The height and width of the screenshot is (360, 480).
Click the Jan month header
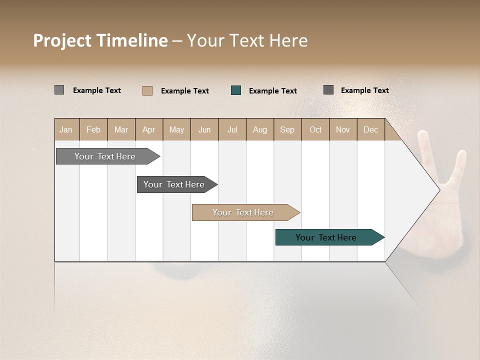66,129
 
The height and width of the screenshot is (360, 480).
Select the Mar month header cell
121,129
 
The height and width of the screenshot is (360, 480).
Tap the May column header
176,129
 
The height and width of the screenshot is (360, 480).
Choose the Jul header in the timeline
232,129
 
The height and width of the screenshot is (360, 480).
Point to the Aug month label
259,129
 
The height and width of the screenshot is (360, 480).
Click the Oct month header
315,129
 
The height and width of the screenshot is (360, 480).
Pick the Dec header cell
370,129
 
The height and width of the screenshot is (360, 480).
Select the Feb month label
93,129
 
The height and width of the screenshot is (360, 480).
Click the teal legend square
236,90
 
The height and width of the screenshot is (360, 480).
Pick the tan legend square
147,90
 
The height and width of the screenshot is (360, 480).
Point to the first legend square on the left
59,90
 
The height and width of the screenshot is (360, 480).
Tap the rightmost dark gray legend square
328,90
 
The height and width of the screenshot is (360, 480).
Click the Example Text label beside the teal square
272,91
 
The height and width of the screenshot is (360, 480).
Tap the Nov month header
343,129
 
